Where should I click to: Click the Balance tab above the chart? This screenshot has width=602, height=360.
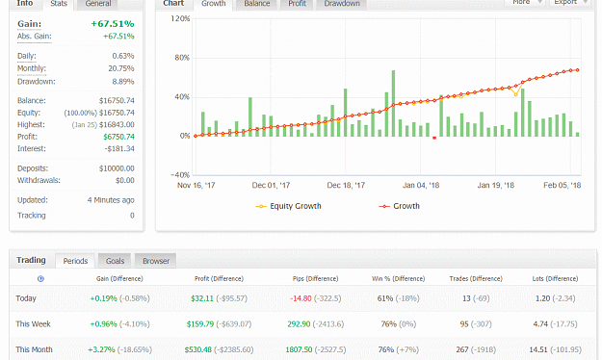[257, 4]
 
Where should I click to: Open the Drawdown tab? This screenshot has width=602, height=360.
[342, 4]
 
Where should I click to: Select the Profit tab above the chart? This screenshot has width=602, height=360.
[298, 4]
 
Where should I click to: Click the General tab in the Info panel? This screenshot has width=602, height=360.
[98, 4]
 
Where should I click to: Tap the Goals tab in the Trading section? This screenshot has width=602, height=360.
[115, 261]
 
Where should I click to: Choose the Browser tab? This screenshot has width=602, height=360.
[156, 261]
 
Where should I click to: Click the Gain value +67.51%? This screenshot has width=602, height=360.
[113, 24]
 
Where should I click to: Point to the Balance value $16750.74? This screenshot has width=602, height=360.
[117, 100]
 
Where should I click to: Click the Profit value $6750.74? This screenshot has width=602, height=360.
[118, 137]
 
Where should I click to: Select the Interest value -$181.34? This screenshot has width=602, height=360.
[119, 148]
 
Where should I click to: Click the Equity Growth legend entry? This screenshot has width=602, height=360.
[289, 206]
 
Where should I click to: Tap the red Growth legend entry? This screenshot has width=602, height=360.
[400, 206]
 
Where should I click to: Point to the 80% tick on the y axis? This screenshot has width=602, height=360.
[182, 58]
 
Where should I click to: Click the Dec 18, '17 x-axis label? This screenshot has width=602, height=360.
[346, 186]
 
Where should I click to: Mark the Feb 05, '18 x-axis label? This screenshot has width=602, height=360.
[563, 186]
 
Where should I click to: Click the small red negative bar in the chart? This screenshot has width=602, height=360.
[434, 138]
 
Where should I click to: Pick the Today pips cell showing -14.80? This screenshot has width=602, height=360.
[301, 298]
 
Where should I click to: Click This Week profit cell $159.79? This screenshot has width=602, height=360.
[200, 324]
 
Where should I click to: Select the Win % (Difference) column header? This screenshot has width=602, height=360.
[398, 278]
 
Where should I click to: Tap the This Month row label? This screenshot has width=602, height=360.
[34, 349]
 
